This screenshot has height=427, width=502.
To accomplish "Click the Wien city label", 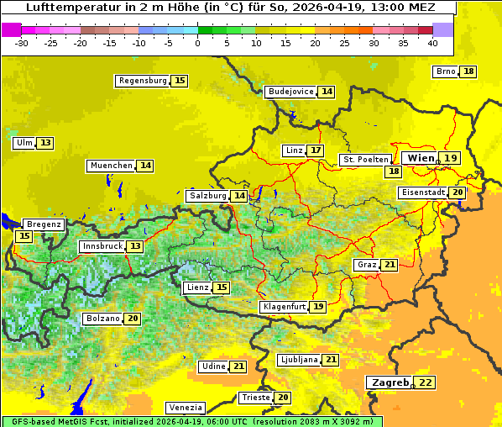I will [x=421, y=158].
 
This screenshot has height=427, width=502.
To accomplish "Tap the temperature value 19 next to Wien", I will [x=451, y=158].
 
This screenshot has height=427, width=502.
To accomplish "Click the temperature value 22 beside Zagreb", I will [x=426, y=382].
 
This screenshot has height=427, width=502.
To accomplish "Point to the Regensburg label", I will [x=142, y=81].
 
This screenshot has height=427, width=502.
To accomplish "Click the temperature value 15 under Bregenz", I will [x=24, y=237].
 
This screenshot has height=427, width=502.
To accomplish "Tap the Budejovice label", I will [x=290, y=92].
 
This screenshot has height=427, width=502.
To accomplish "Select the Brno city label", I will [x=446, y=71].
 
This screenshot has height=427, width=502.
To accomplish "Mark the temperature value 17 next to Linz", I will [x=315, y=150].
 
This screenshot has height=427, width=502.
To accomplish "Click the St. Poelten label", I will [x=365, y=159].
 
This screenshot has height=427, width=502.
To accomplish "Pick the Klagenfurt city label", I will [x=284, y=307].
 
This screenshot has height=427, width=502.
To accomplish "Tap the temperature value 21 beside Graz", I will [x=389, y=265].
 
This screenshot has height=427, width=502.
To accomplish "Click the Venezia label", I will [x=185, y=407].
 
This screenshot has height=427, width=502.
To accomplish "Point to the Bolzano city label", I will [x=102, y=319].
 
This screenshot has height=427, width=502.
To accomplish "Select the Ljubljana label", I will [x=298, y=360].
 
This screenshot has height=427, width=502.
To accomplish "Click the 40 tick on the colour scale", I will [x=432, y=43].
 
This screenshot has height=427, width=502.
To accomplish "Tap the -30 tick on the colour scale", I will [x=22, y=43].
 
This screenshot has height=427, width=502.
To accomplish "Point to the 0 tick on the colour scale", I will [x=197, y=43].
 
